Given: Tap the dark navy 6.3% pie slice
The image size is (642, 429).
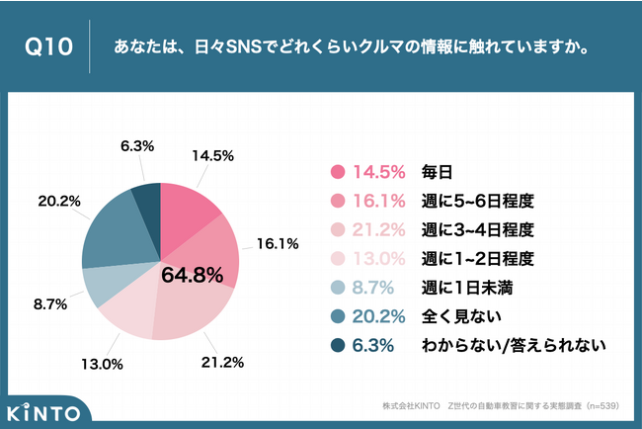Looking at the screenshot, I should pyautogui.click(x=146, y=197).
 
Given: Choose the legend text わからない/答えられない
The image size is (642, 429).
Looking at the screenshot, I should pyautogui.click(x=513, y=346).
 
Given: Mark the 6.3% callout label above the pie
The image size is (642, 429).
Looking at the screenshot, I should pyautogui.click(x=136, y=145).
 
